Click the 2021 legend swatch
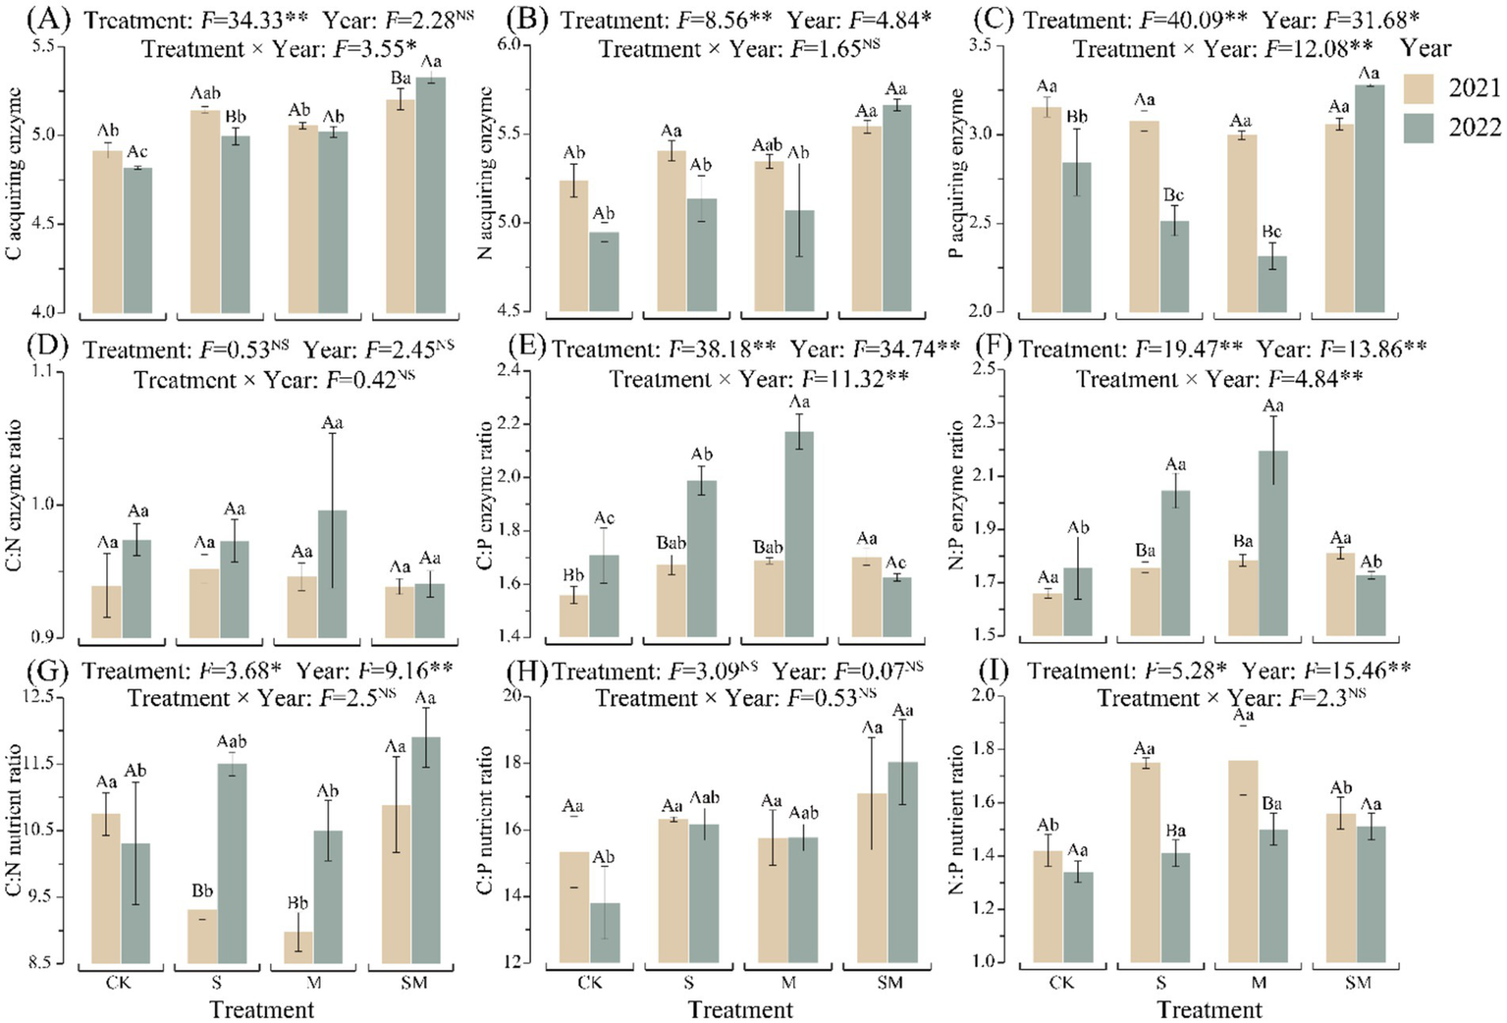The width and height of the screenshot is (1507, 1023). pos(1419,87)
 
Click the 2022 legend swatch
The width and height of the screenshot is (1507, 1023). pos(1419,128)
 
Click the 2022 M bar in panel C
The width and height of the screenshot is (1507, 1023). pos(1272,284)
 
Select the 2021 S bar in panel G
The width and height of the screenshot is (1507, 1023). pos(202,937)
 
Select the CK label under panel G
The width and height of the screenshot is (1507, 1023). pos(119,983)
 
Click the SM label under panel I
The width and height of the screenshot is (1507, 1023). pos(1358,983)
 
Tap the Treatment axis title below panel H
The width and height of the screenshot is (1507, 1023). pos(740,1009)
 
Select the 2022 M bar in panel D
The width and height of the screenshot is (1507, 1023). pos(332,573)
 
